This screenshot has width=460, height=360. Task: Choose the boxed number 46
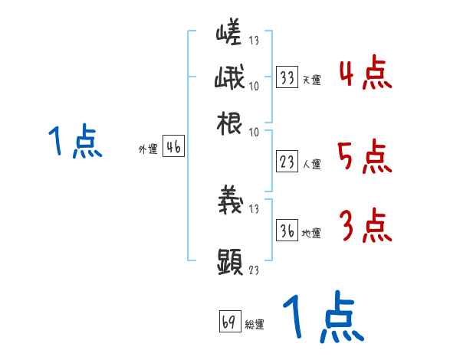coord(173,148)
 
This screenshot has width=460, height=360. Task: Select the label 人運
coord(311,164)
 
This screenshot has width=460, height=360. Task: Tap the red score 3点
coord(365,225)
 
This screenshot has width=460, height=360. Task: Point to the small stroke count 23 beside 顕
coord(255,269)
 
